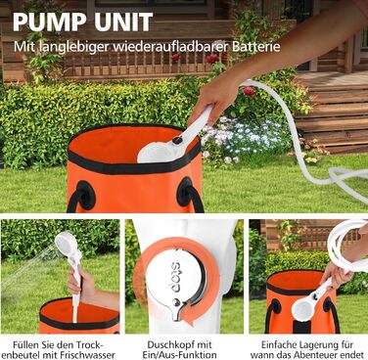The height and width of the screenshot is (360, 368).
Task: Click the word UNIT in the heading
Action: tap(125, 22)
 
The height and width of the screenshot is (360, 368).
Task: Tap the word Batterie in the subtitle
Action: tap(256, 46)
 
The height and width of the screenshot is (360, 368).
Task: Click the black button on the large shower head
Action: tap(177, 141)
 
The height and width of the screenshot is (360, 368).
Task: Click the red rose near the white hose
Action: tap(249, 91)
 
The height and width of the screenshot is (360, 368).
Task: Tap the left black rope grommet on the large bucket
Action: tap(86, 195)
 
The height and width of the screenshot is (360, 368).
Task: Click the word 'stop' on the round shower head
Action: tap(175, 273)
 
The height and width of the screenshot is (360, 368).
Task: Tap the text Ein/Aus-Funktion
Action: tap(179, 354)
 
